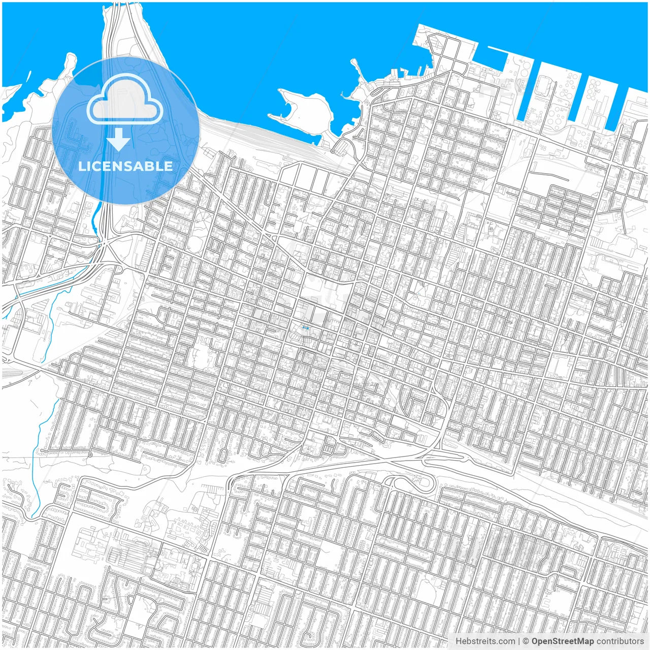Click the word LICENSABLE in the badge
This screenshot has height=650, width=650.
click(125, 166)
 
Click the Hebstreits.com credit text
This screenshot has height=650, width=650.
click(484, 641)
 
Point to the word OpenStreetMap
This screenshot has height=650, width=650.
click(563, 641)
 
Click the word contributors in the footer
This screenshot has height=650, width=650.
click(620, 641)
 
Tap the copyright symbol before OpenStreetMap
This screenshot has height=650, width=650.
click(526, 641)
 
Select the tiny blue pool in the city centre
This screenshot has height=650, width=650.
click(305, 329)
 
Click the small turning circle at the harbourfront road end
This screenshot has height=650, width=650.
click(333, 151)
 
